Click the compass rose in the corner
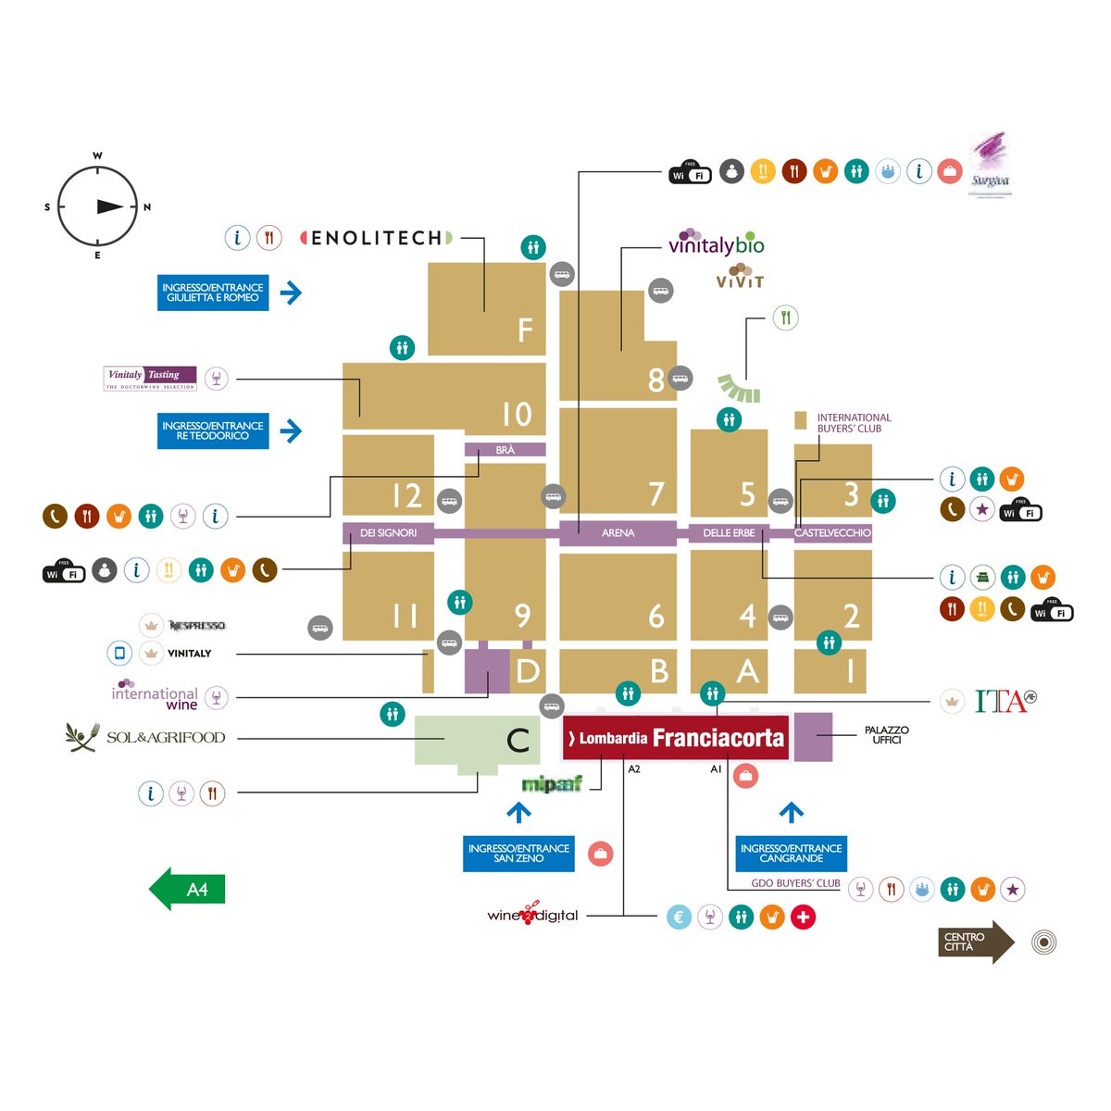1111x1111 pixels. (x=97, y=206)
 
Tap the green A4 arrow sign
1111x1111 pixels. (x=188, y=890)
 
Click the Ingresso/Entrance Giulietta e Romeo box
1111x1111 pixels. (x=213, y=293)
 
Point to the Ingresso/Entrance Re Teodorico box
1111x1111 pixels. (x=213, y=431)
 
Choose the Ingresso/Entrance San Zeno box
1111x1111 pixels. (x=518, y=854)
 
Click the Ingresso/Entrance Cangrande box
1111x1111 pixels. (x=791, y=854)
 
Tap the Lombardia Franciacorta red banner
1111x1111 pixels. (x=676, y=738)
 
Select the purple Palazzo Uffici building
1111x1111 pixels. (x=813, y=737)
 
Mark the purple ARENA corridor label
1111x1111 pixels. (x=618, y=533)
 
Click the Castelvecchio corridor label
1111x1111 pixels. (x=832, y=533)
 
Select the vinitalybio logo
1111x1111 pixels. (x=716, y=243)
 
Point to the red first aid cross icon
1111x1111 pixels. (x=804, y=918)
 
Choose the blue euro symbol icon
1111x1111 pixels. (x=679, y=918)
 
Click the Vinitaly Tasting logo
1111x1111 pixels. (x=150, y=378)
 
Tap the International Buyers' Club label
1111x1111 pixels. (x=853, y=423)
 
